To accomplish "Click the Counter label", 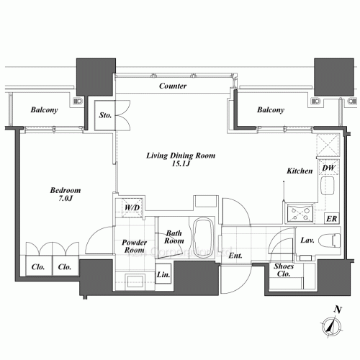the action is [x=173, y=86].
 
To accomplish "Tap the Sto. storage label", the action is [x=105, y=115].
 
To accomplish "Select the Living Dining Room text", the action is [x=181, y=156].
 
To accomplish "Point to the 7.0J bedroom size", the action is [x=65, y=199].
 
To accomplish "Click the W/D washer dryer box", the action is [x=132, y=207].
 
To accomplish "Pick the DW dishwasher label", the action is [x=328, y=168].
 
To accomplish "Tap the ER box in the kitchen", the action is [x=332, y=218].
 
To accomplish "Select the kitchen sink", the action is [x=328, y=186].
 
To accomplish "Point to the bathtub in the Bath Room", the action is [x=203, y=237].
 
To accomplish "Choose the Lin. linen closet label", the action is [x=163, y=274].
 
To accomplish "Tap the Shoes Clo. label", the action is [x=284, y=270].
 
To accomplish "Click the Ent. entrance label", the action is [x=235, y=256].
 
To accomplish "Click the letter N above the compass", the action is [x=338, y=310].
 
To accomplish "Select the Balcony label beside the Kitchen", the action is [x=271, y=109].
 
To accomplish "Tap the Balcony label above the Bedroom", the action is [x=44, y=109].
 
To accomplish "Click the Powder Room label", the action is [x=134, y=246].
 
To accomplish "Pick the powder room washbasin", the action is [x=135, y=281].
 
